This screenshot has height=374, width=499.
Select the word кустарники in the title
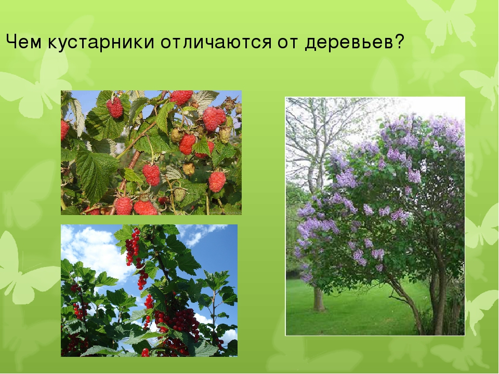pyautogui.click(x=101, y=42)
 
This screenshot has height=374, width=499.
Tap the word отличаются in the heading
pyautogui.click(x=216, y=42)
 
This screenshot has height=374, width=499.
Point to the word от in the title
pyautogui.click(x=288, y=43)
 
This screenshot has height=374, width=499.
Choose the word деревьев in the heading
pyautogui.click(x=349, y=43)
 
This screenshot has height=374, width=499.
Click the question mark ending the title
pyautogui.click(x=399, y=42)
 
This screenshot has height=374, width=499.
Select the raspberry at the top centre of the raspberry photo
pyautogui.click(x=182, y=97)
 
